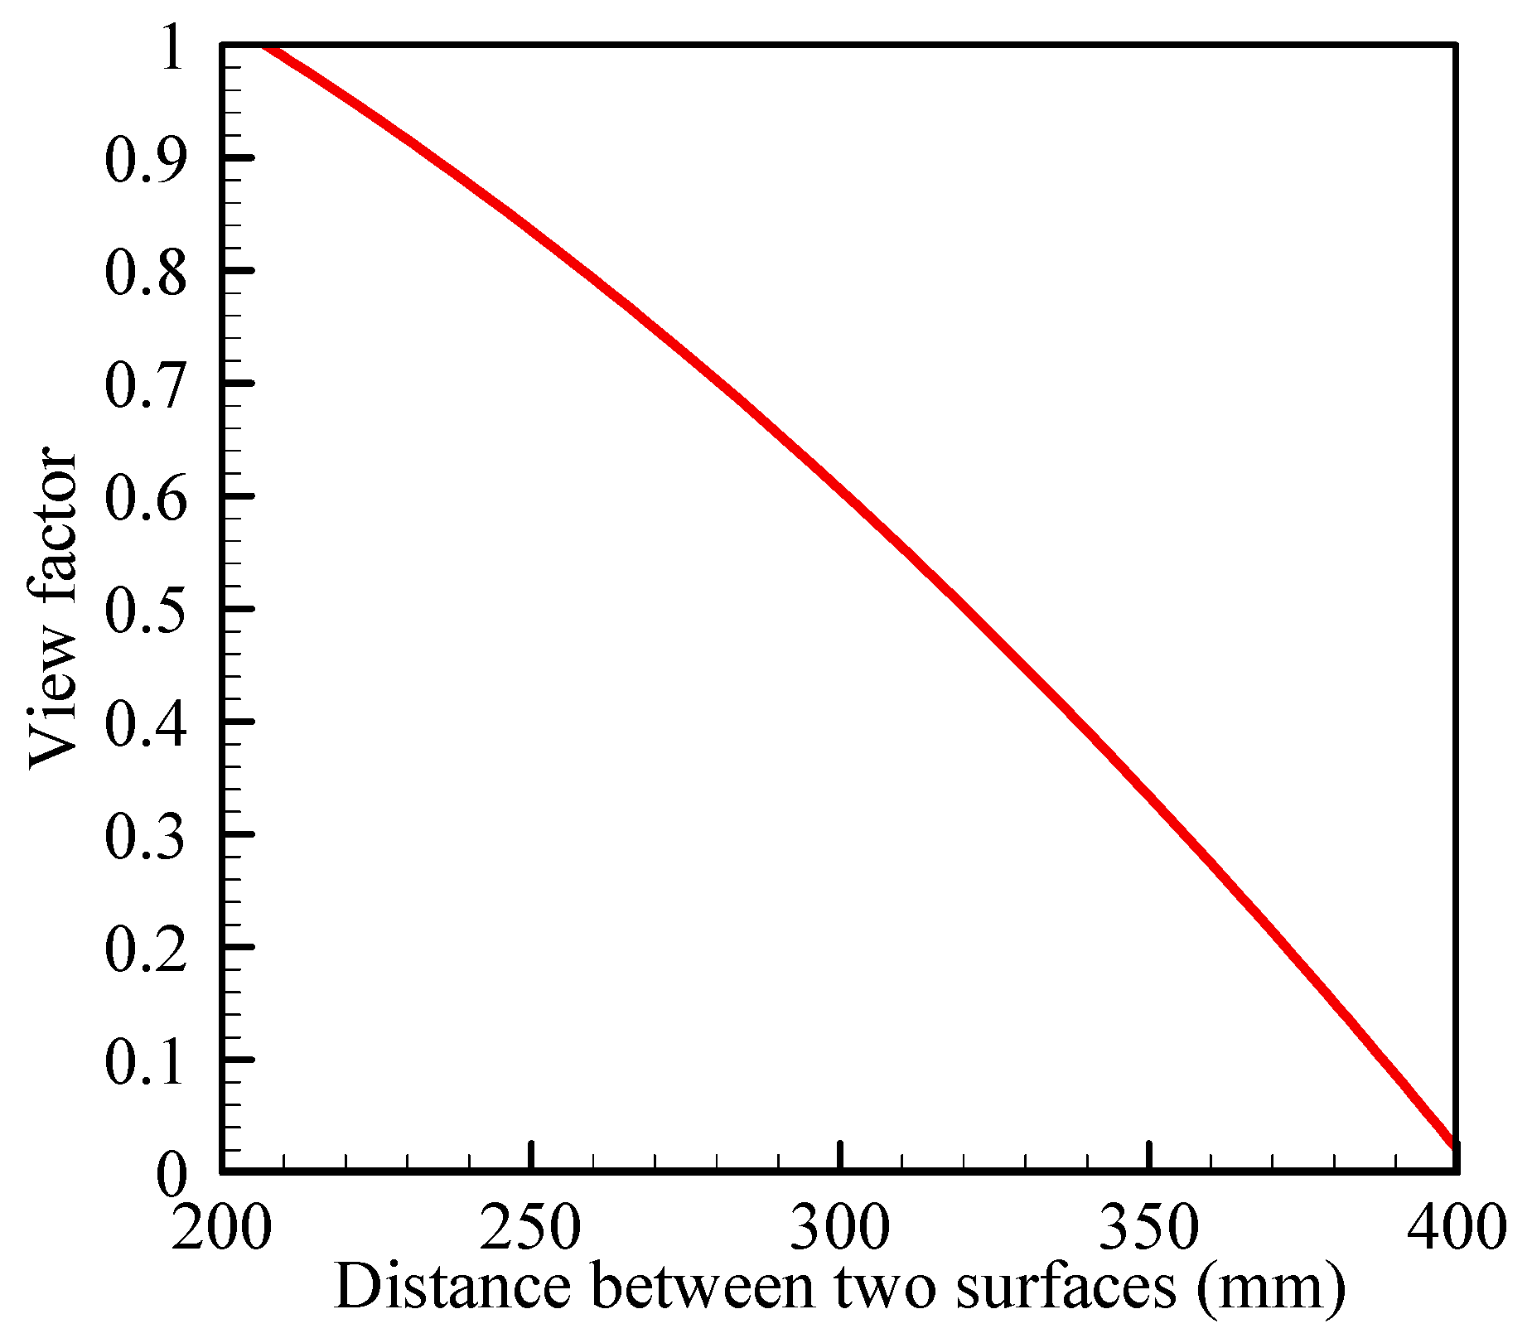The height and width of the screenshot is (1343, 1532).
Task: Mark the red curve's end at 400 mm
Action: click(1452, 1145)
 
